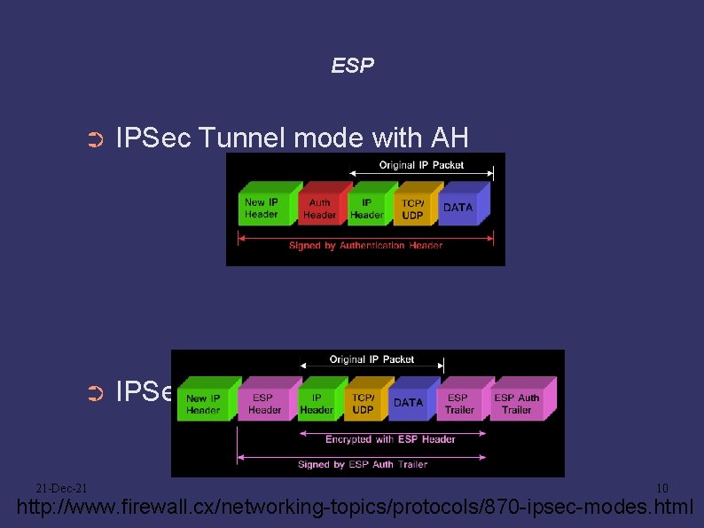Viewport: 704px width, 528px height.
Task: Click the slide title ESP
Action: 352,66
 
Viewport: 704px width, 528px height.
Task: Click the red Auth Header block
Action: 320,209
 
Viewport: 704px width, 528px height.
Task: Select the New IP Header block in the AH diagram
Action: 262,209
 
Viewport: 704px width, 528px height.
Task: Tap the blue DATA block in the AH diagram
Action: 458,208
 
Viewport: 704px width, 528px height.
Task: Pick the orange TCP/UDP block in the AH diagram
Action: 411,209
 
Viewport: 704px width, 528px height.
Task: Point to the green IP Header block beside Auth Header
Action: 366,209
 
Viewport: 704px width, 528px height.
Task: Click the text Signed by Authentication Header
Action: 365,246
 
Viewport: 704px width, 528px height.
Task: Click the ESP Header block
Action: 264,404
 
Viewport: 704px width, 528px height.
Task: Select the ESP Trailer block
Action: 459,404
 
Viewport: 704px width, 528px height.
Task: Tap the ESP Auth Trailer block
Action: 517,404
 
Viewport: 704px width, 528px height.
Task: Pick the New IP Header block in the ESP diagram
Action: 203,404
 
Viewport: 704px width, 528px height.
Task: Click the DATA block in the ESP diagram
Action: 408,403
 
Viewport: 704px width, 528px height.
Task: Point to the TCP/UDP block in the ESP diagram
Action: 363,404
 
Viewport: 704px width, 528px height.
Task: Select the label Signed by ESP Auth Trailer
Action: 363,464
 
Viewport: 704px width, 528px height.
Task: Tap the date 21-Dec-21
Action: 61,488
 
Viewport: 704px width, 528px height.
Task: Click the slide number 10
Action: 661,488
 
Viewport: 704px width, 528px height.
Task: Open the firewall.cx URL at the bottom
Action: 356,508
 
